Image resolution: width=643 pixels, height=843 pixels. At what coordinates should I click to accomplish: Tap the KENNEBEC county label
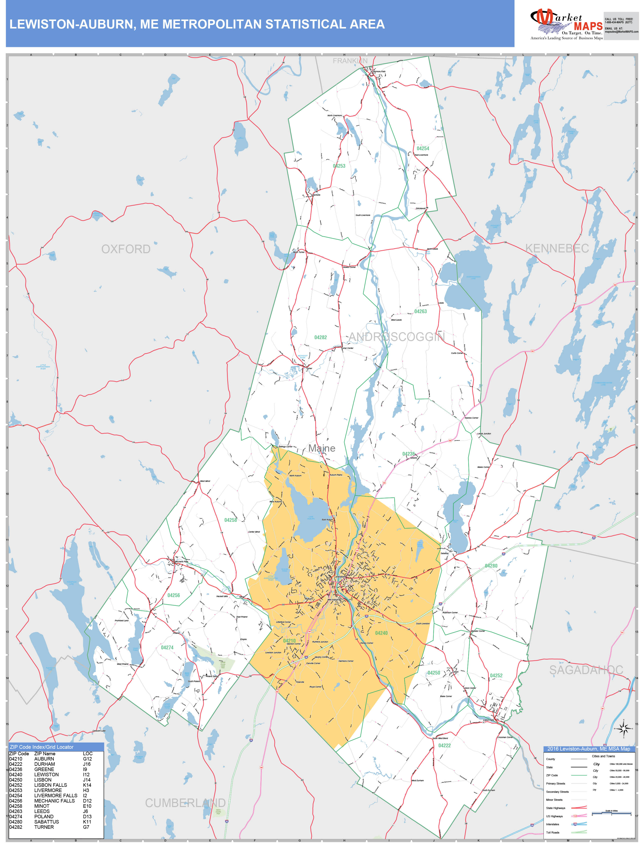pyautogui.click(x=557, y=248)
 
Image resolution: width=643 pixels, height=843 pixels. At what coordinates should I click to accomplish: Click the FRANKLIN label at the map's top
pyautogui.click(x=350, y=61)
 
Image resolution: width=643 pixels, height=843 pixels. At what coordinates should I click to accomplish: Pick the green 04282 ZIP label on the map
pyautogui.click(x=320, y=337)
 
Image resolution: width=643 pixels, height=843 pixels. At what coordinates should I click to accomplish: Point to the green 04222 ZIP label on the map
pyautogui.click(x=444, y=746)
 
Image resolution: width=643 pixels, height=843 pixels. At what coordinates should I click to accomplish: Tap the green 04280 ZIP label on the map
pyautogui.click(x=491, y=566)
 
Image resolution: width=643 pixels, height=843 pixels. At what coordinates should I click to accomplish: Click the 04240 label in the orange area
pyautogui.click(x=381, y=633)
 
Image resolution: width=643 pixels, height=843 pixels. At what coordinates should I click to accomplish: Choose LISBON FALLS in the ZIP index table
pyautogui.click(x=50, y=785)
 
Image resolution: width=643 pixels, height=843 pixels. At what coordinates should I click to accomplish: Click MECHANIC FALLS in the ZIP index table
pyautogui.click(x=54, y=801)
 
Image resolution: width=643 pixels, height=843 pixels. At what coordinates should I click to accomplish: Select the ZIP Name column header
pyautogui.click(x=45, y=754)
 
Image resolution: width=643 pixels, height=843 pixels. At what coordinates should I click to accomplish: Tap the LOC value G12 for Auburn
pyautogui.click(x=87, y=759)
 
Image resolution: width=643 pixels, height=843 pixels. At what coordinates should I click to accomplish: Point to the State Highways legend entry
pyautogui.click(x=555, y=808)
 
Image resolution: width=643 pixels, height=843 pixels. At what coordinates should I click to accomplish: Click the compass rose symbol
pyautogui.click(x=623, y=729)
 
